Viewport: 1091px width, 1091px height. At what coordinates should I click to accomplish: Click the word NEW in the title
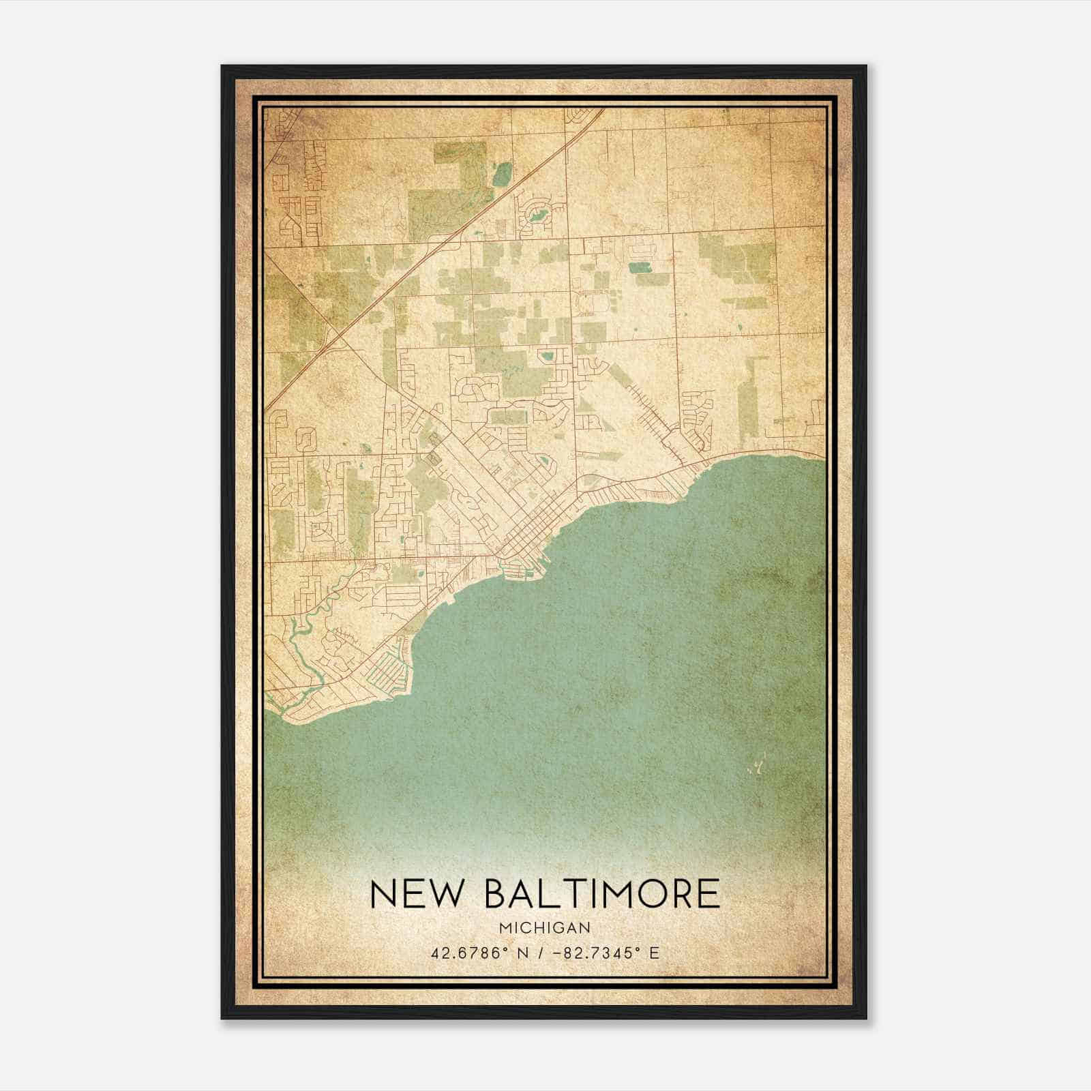[x=415, y=893]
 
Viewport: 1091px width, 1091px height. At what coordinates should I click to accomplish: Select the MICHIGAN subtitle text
[x=544, y=928]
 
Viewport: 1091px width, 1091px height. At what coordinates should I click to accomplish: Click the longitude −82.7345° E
[x=608, y=953]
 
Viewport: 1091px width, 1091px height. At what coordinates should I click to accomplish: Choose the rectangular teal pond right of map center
[x=640, y=267]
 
